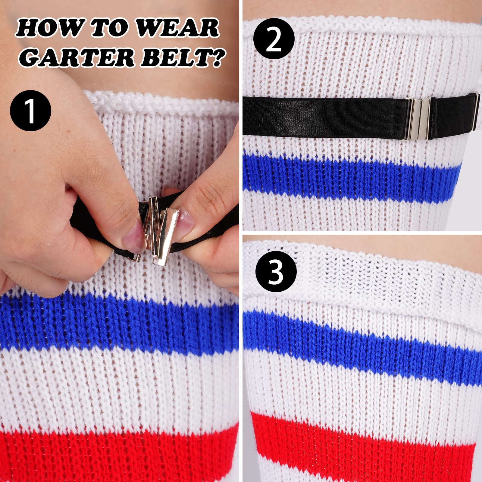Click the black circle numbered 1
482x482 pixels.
point(31,111)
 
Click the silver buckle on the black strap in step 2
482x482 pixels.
point(419,118)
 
